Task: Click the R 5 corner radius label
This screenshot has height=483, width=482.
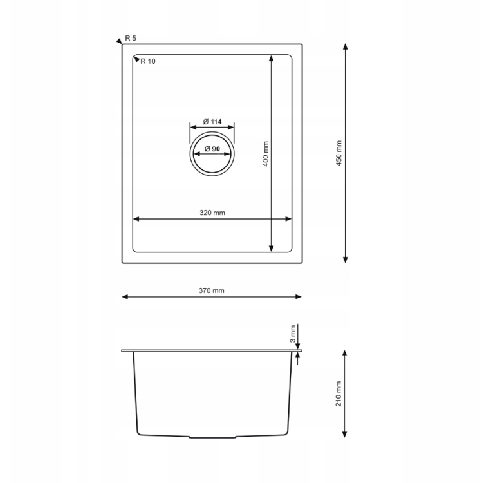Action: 131,38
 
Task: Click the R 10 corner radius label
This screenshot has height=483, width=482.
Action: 148,61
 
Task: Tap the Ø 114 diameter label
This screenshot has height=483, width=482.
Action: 212,122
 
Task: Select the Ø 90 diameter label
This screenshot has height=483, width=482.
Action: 212,149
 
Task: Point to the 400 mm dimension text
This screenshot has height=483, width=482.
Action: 266,154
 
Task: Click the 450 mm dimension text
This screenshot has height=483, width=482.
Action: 338,153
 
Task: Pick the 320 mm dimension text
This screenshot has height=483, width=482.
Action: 212,213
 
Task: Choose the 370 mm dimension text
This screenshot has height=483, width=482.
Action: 212,290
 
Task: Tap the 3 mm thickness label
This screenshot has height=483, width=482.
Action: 293,334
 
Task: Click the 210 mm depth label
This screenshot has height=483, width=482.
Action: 338,393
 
